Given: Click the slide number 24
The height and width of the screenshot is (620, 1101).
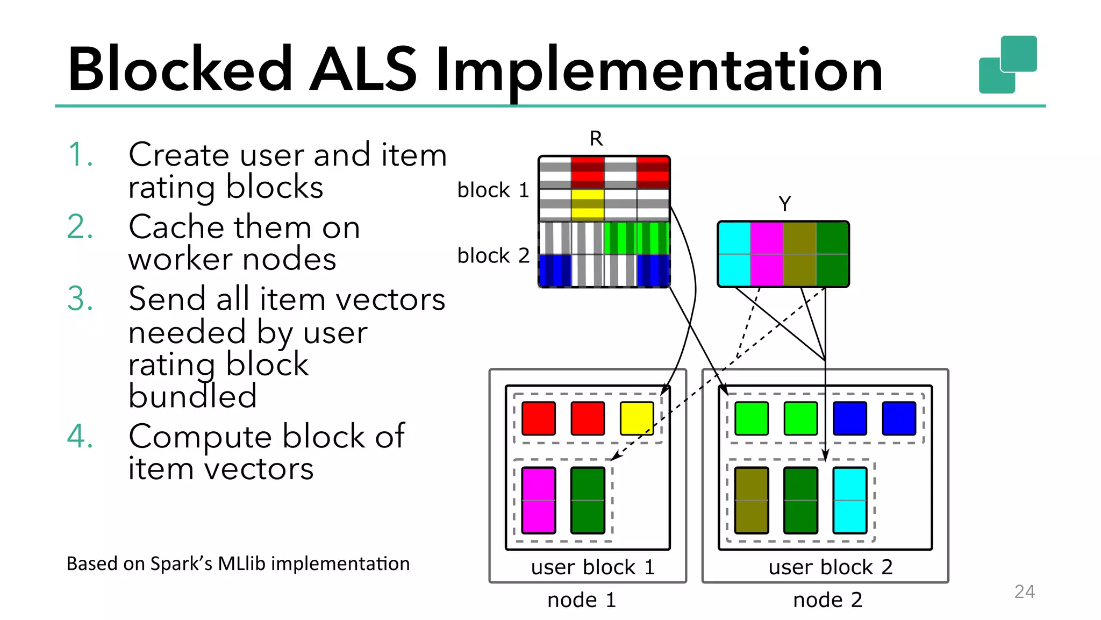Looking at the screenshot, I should point(1024,592).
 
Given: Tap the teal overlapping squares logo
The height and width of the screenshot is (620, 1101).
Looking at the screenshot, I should point(1007,65).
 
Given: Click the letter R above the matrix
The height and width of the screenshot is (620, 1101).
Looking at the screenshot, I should point(596,139).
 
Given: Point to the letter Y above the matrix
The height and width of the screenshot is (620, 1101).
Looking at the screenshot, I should point(784,204).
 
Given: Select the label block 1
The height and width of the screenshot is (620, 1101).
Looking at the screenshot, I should point(493,190).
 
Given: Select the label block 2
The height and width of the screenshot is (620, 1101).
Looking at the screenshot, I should point(493,255).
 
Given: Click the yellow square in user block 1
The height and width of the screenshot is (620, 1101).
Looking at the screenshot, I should point(637,418).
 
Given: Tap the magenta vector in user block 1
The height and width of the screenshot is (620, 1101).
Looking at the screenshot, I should point(538,500).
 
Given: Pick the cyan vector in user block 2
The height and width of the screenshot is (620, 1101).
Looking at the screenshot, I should point(849,500).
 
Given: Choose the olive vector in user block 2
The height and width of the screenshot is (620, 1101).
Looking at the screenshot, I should point(751,500).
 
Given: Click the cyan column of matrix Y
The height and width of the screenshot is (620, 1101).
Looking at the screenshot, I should point(734,254).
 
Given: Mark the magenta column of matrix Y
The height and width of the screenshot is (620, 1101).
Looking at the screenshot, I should point(767,254).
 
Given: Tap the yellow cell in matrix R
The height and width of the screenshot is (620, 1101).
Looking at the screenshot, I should point(588,204).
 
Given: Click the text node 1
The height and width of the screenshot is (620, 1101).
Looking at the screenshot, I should point(581,600).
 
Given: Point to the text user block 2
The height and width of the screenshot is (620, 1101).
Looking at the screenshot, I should point(830,567).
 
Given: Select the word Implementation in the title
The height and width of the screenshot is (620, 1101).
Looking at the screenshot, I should point(659,70).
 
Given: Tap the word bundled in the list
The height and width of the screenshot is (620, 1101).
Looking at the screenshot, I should point(192,396).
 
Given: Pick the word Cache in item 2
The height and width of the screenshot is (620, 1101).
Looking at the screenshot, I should point(176,227).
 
